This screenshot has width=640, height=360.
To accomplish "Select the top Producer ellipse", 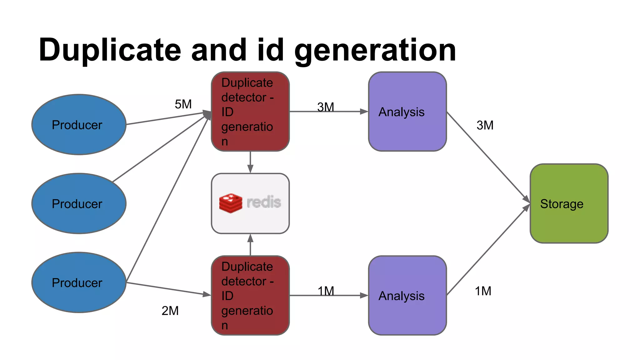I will pos(79,124).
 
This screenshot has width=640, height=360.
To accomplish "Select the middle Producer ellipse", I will pos(79,203).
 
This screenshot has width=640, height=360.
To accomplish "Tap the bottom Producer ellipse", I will pos(79,282).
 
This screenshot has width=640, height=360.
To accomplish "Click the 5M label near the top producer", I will pos(183,104).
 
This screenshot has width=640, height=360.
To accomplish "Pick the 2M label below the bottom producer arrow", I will pos(170,311).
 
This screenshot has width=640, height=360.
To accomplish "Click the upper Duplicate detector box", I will pos(250,112).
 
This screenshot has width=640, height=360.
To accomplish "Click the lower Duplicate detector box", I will pos(250,295).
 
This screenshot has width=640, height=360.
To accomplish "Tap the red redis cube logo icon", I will pos(231,203).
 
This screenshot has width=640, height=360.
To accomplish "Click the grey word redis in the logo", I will pos(264,202).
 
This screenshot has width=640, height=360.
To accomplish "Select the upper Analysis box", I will pos(407,112).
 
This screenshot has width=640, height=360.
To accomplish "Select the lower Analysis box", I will pos(407,295).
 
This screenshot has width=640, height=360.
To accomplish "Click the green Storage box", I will pos(569,203).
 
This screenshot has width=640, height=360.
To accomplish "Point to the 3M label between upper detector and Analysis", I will pos(326,107).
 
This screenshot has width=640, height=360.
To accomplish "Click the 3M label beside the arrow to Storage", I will pos(485,125).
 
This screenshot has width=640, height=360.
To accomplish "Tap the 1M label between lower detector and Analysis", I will pos(326,291).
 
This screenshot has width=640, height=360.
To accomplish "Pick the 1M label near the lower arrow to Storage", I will pos(483,291).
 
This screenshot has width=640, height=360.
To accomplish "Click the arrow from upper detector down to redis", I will pos(250,162).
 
